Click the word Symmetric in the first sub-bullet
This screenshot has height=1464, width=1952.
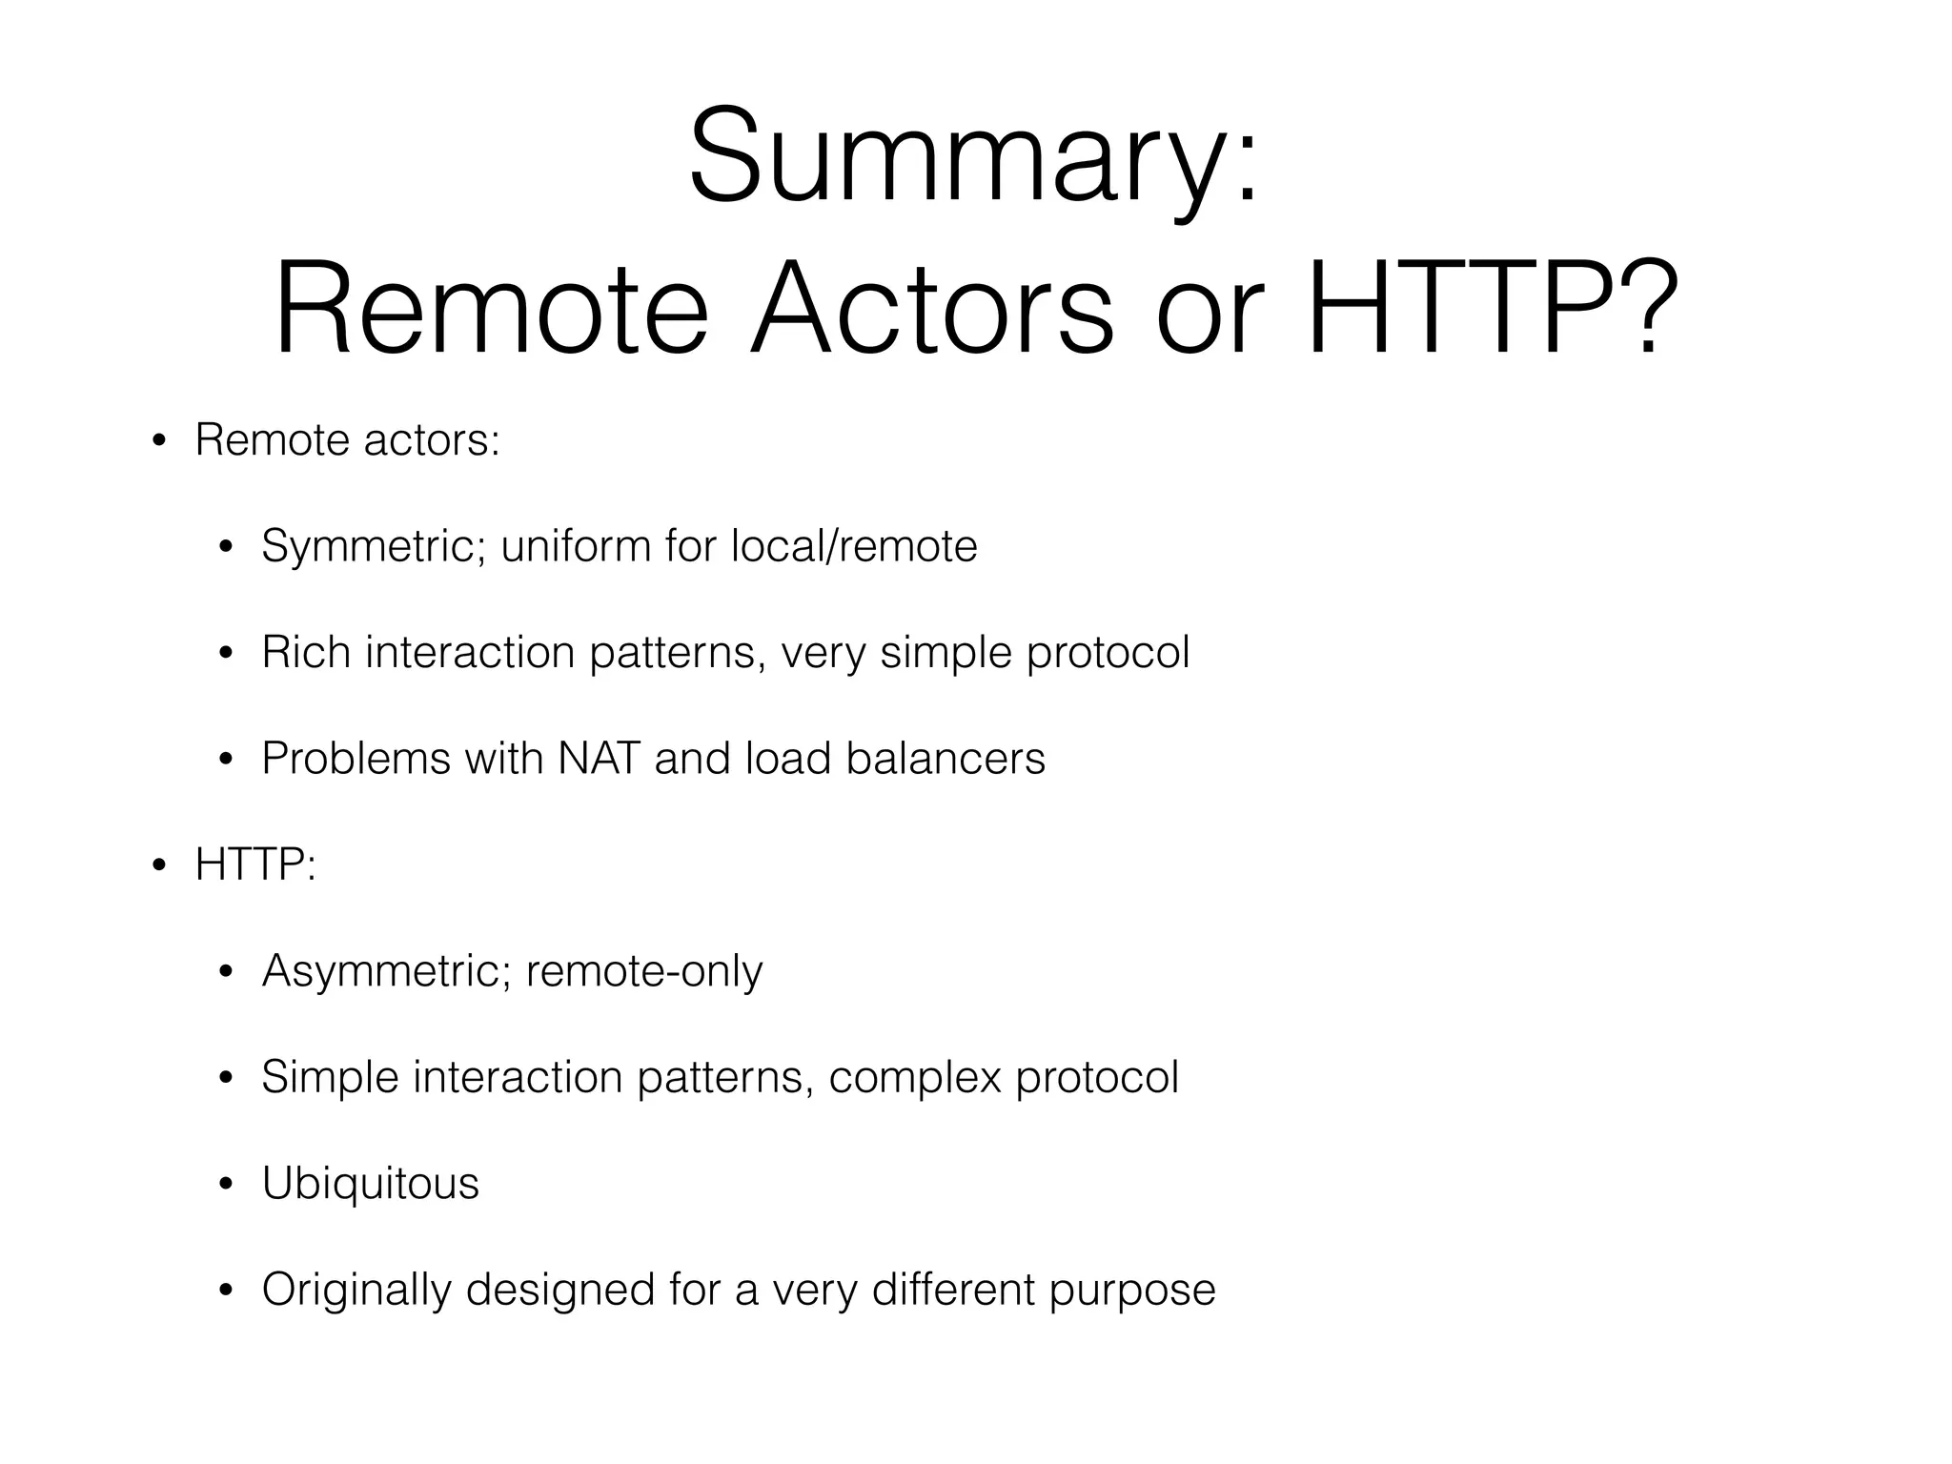click(x=375, y=547)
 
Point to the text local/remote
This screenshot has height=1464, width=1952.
click(x=854, y=546)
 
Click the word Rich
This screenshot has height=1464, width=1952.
click(x=306, y=653)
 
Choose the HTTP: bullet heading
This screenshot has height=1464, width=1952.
click(x=254, y=865)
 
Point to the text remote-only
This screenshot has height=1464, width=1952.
click(x=644, y=971)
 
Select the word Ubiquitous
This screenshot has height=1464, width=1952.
click(x=370, y=1184)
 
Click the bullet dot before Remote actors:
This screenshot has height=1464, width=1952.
click(x=159, y=442)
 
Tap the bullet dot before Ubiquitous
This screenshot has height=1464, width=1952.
click(x=226, y=1186)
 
